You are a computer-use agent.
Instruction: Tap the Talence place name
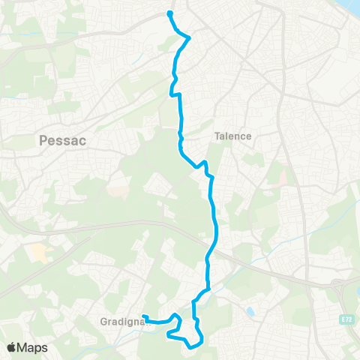(232, 136)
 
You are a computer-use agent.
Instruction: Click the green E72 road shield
(345, 320)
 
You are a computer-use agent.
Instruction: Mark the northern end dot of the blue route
(169, 13)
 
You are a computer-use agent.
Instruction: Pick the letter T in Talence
(217, 136)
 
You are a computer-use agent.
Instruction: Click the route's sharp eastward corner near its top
(187, 37)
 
